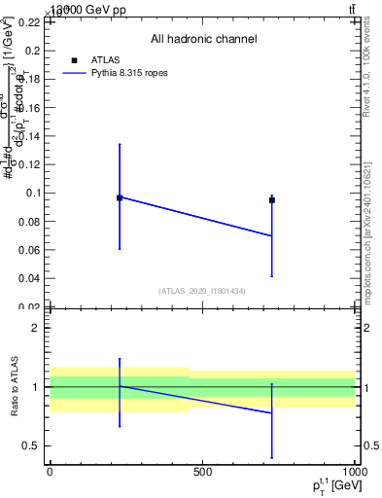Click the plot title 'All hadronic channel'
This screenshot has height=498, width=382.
(203, 39)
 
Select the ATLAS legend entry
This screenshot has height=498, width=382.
(104, 60)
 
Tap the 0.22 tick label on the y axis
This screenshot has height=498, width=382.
(30, 21)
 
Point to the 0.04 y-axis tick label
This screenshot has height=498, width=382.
(30, 278)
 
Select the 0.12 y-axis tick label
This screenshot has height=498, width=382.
(30, 163)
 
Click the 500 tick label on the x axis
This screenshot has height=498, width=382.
(202, 472)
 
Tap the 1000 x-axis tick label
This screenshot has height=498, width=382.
(353, 472)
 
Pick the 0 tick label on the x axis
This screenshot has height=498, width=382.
(50, 472)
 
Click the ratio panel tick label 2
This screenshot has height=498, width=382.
(36, 328)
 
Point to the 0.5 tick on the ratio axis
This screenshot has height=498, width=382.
(32, 446)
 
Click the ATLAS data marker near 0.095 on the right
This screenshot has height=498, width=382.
(272, 200)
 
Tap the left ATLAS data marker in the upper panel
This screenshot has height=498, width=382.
(120, 197)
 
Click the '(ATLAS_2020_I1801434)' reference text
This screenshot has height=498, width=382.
(202, 291)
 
